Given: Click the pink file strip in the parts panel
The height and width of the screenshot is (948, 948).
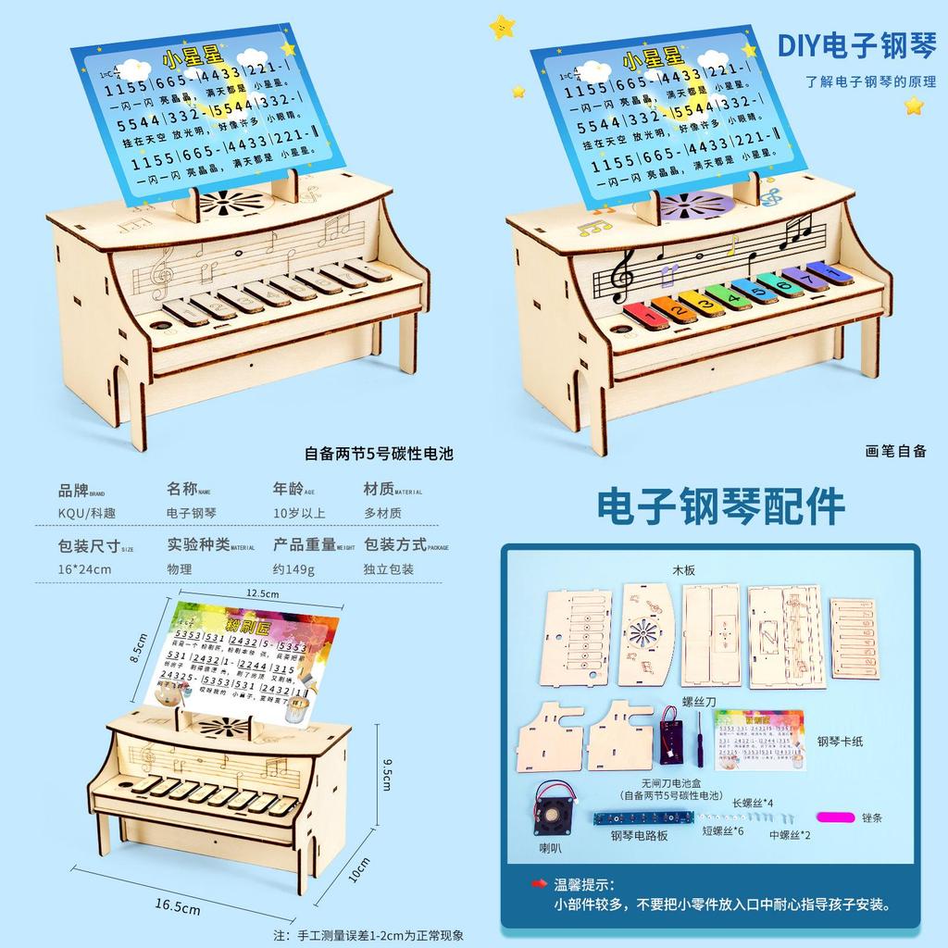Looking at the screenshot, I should click(837, 817).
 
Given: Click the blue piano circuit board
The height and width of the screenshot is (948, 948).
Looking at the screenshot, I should click(643, 818).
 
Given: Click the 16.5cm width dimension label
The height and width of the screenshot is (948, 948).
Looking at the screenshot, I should click(178, 908).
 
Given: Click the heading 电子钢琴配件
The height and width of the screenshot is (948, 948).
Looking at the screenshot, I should click(720, 506).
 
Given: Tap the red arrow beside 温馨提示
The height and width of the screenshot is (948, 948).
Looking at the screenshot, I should click(539, 884).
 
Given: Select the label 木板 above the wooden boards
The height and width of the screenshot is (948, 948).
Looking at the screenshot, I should click(684, 570).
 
